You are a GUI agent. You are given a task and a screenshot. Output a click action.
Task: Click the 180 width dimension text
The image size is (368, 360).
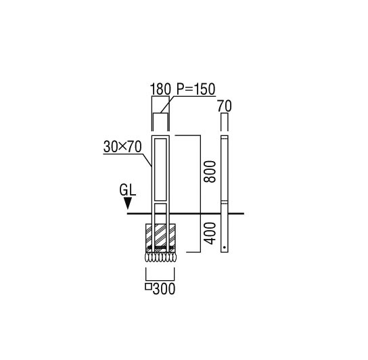[x=160, y=89]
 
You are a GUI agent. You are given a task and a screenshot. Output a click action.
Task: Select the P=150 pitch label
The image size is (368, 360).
[x=195, y=89]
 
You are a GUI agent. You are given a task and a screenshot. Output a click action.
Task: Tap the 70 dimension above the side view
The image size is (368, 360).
[x=224, y=106]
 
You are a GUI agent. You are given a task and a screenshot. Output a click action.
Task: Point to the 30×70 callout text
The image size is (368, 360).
[x=122, y=147]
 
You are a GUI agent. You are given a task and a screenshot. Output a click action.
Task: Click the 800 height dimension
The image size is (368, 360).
[x=209, y=172]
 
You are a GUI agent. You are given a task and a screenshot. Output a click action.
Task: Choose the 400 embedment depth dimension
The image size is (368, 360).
[x=209, y=233]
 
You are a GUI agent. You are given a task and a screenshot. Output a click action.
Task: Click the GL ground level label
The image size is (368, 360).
[x=127, y=190]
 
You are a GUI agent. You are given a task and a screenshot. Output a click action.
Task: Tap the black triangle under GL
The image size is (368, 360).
[x=127, y=203]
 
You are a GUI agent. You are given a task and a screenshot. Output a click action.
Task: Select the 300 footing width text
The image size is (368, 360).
[x=164, y=289]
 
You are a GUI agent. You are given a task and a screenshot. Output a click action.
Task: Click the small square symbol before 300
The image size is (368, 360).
[x=148, y=286]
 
